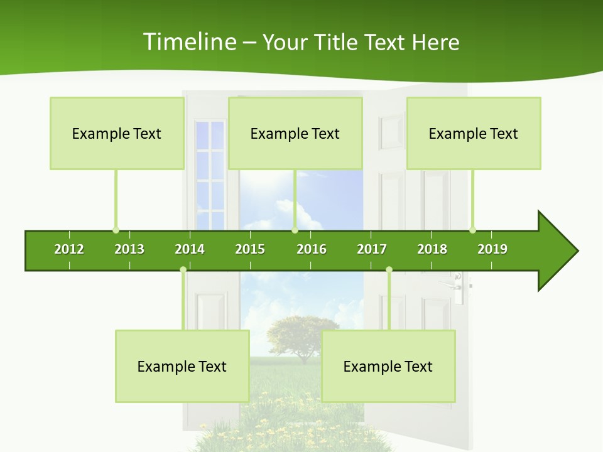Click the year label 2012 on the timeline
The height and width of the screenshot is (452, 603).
click(x=69, y=249)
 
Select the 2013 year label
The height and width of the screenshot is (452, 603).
click(x=129, y=249)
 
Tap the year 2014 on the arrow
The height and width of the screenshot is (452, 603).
click(x=190, y=249)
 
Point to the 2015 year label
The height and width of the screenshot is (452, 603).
click(x=250, y=249)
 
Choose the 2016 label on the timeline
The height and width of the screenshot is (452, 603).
click(x=312, y=249)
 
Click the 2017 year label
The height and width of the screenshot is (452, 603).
click(x=372, y=249)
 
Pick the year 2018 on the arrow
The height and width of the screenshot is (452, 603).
click(x=432, y=249)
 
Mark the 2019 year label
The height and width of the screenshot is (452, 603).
click(x=492, y=249)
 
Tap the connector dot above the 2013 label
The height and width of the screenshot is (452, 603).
click(x=116, y=230)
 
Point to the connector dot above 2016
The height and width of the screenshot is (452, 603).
click(x=295, y=230)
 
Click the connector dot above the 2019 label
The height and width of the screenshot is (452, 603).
click(x=472, y=230)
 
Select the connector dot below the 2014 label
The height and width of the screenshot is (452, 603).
click(x=183, y=270)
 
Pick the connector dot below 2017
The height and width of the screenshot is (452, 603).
click(x=389, y=270)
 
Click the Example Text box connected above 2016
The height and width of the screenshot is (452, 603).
click(x=295, y=133)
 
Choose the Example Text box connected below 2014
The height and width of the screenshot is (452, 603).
click(x=182, y=366)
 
